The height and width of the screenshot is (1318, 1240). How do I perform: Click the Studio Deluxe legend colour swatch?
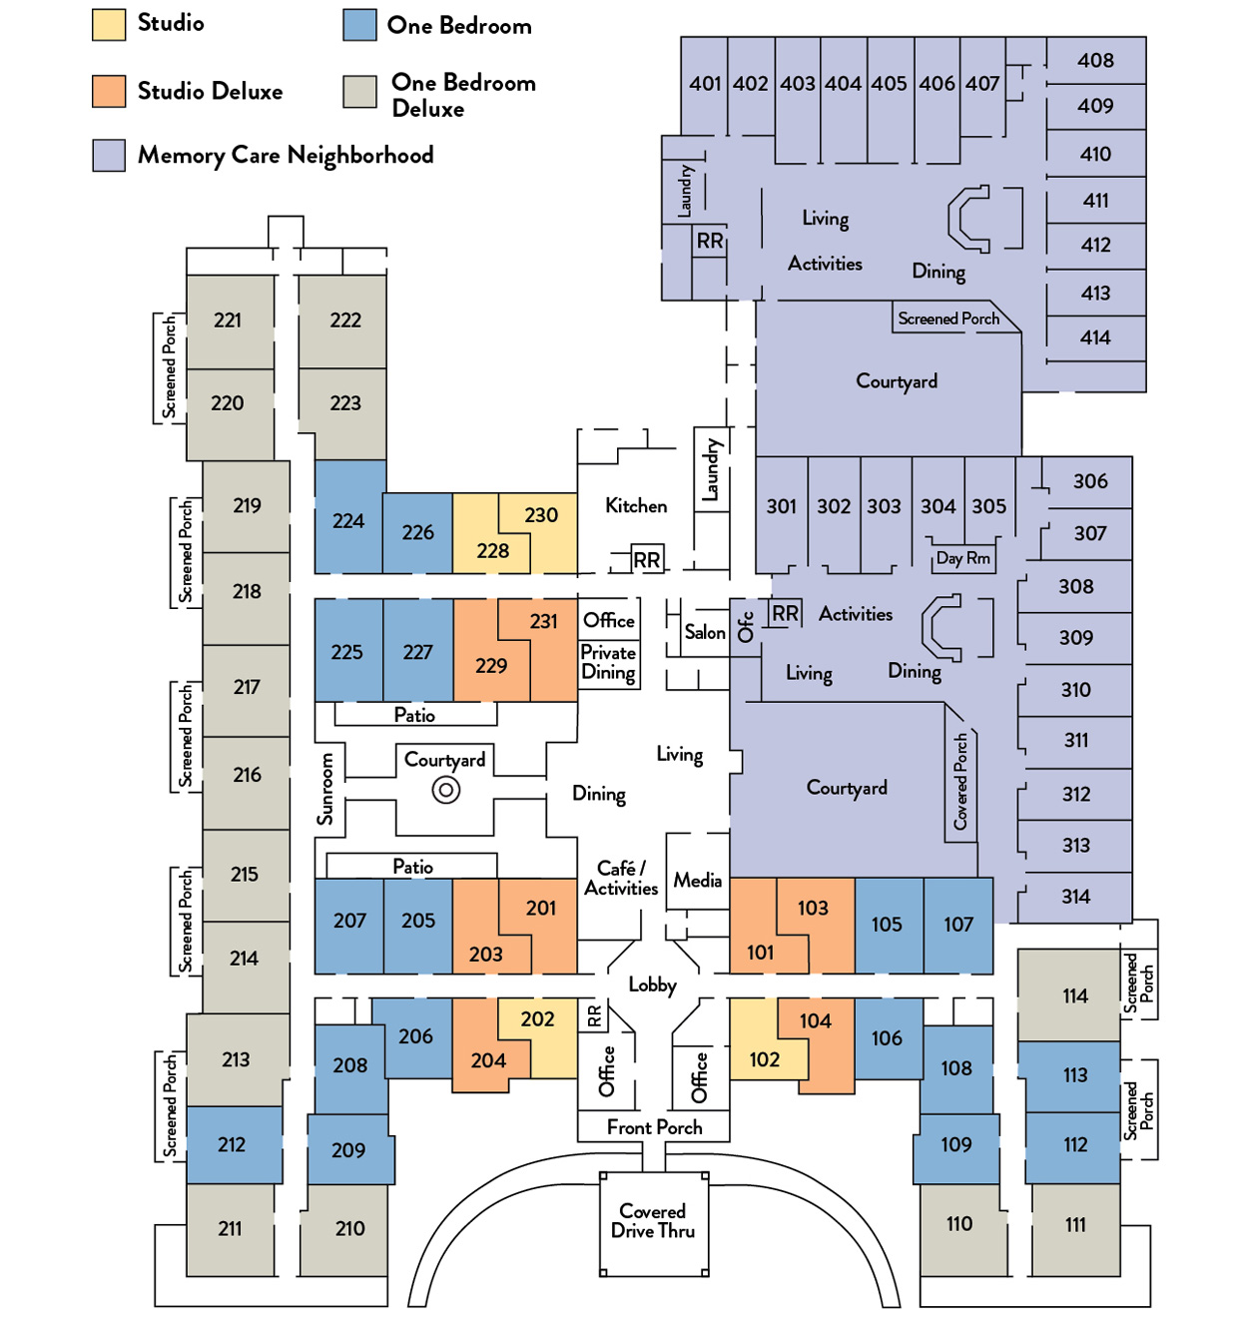click(109, 91)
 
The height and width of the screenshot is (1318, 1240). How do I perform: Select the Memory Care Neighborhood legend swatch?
click(109, 156)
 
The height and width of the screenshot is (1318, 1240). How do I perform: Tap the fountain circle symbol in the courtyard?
click(445, 790)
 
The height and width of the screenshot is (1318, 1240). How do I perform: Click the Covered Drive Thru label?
click(653, 1221)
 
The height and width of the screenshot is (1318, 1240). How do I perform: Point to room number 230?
click(541, 515)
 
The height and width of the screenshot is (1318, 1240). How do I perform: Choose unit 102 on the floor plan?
click(764, 1059)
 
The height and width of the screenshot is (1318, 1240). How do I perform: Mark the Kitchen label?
click(636, 505)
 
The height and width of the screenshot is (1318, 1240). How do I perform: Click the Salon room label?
click(705, 632)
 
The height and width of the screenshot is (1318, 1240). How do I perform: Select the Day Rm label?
click(962, 558)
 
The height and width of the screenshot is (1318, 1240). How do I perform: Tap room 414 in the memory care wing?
click(1095, 337)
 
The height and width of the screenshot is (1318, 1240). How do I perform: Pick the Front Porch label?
click(655, 1127)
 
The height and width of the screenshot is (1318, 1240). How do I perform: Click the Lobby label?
click(653, 986)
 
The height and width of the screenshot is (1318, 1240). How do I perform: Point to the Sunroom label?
click(325, 789)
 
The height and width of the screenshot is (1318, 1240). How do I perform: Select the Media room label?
click(698, 880)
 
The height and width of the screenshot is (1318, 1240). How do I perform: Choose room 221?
click(227, 321)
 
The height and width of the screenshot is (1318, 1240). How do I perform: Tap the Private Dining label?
click(609, 663)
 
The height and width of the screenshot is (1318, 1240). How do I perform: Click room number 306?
click(1090, 481)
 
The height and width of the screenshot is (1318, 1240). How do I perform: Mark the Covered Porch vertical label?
click(960, 781)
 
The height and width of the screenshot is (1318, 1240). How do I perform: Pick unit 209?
click(348, 1150)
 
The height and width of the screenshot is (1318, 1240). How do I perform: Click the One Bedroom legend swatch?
click(359, 25)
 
